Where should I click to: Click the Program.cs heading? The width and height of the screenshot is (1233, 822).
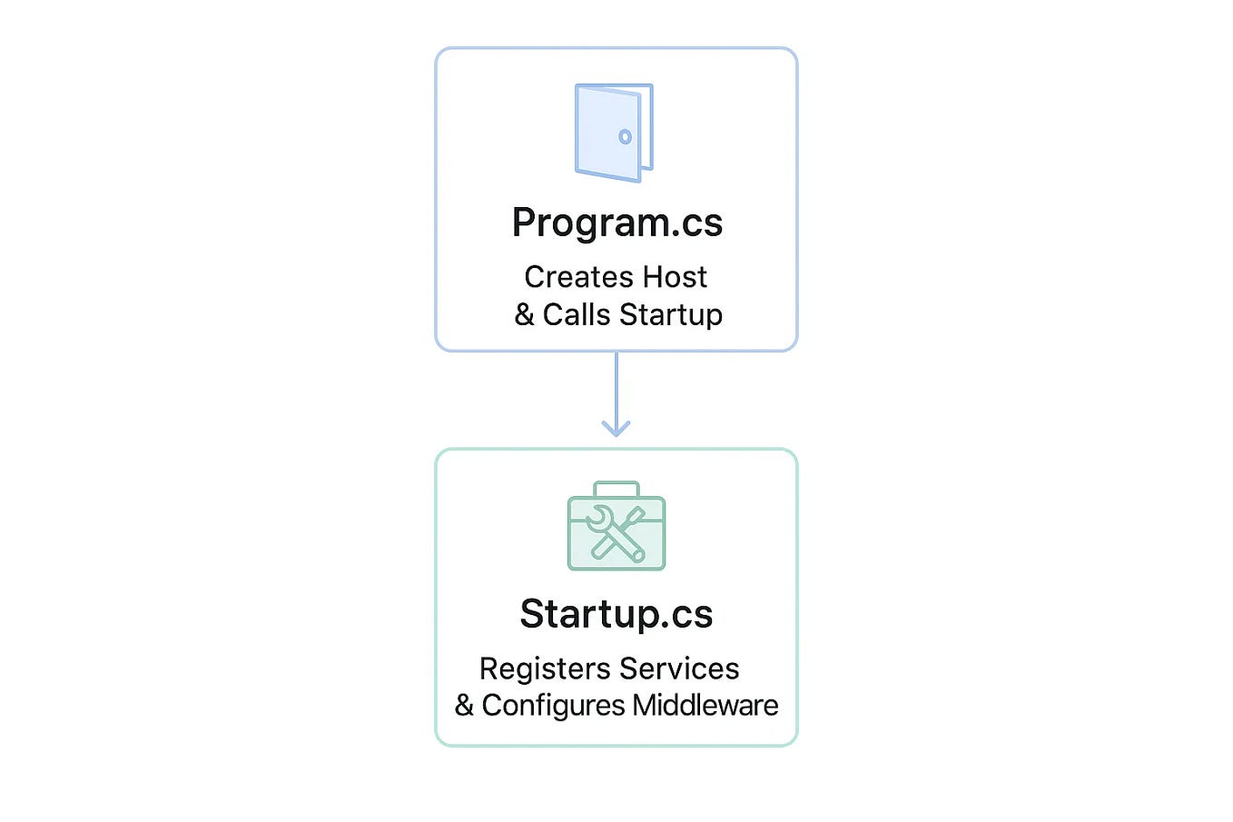pyautogui.click(x=616, y=223)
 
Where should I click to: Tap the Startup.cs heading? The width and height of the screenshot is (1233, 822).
pyautogui.click(x=616, y=614)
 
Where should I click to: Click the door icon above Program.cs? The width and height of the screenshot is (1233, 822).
pyautogui.click(x=614, y=133)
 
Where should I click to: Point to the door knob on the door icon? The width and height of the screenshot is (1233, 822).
pyautogui.click(x=625, y=137)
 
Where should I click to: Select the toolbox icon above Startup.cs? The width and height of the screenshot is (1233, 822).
pyautogui.click(x=616, y=527)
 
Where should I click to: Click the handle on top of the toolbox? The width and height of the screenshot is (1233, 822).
pyautogui.click(x=616, y=488)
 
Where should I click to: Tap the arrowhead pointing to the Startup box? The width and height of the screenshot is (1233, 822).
pyautogui.click(x=616, y=429)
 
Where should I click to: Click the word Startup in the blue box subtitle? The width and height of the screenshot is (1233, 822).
pyautogui.click(x=671, y=315)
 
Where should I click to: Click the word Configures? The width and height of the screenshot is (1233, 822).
pyautogui.click(x=553, y=706)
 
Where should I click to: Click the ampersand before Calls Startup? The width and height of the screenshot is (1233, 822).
pyautogui.click(x=524, y=315)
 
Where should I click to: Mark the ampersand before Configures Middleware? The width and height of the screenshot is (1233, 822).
pyautogui.click(x=464, y=706)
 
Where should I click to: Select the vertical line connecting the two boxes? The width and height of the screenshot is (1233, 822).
pyautogui.click(x=616, y=386)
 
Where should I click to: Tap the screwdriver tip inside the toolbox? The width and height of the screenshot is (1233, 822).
pyautogui.click(x=640, y=514)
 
